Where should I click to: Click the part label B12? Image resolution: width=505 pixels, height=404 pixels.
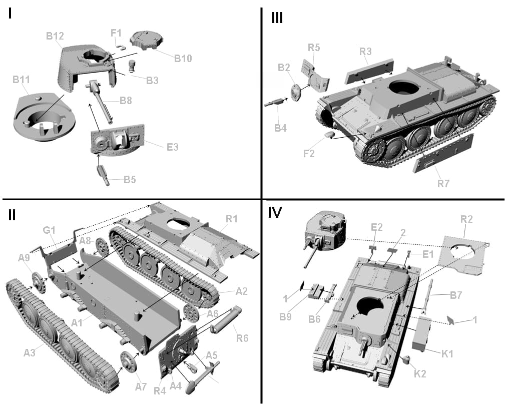click(x=55, y=36)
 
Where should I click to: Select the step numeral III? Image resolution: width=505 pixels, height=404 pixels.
click(x=277, y=18)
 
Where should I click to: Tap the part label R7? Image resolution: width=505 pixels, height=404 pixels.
click(x=443, y=183)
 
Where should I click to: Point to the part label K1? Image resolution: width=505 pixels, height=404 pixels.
click(x=447, y=354)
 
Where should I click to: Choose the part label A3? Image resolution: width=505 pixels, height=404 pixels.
click(x=31, y=352)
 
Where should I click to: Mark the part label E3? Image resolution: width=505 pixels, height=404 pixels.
click(x=172, y=147)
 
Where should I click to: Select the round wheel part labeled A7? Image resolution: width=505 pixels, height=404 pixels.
click(x=129, y=361)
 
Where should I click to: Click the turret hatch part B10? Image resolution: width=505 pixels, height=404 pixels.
click(x=147, y=41)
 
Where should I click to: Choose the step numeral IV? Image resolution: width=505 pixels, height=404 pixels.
click(x=275, y=213)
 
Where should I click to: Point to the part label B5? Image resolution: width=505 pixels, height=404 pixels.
click(x=130, y=180)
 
